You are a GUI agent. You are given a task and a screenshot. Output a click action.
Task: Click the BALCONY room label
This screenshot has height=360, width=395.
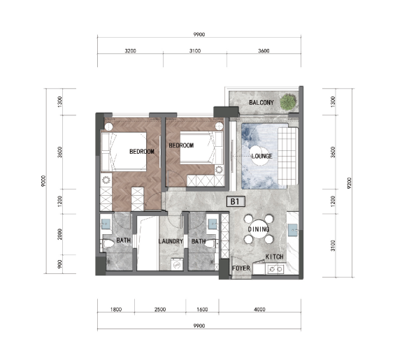261,103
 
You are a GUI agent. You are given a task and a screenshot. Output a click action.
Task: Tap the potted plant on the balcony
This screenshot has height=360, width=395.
288,101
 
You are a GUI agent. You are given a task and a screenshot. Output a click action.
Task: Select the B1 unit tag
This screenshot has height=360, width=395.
236,201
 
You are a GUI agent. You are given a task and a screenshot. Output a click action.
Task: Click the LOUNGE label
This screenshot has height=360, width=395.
261,156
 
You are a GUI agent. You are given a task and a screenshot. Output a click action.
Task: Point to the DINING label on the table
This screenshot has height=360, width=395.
259,229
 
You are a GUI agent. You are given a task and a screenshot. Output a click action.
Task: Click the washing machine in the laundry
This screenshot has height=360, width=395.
177,264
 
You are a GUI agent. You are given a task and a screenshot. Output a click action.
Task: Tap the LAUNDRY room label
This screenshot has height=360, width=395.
171,241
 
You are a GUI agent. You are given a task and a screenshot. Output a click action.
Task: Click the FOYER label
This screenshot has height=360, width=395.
241,268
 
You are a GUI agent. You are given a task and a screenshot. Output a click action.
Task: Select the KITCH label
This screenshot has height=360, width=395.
274,257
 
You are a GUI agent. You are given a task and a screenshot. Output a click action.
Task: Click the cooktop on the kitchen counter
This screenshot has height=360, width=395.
275,269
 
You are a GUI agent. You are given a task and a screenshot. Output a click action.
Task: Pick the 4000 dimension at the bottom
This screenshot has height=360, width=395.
260,310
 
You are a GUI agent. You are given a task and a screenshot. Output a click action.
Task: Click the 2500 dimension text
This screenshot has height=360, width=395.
160,310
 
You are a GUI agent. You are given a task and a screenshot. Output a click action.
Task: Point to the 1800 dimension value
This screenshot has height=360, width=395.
116,310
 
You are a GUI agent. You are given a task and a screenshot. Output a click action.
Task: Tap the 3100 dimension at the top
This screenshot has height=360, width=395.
195,51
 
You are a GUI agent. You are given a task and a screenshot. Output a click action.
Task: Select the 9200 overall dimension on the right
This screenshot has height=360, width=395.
349,183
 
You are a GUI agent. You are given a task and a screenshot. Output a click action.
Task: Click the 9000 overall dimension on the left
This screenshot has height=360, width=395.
43,181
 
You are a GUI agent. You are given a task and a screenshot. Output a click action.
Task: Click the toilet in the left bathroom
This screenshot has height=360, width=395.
108,243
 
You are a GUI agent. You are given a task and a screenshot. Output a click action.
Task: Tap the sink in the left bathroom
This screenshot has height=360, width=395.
106,224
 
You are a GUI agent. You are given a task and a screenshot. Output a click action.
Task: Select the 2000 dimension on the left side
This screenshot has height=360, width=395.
59,234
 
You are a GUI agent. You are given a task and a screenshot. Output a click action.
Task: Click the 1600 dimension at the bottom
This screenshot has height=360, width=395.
202,310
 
